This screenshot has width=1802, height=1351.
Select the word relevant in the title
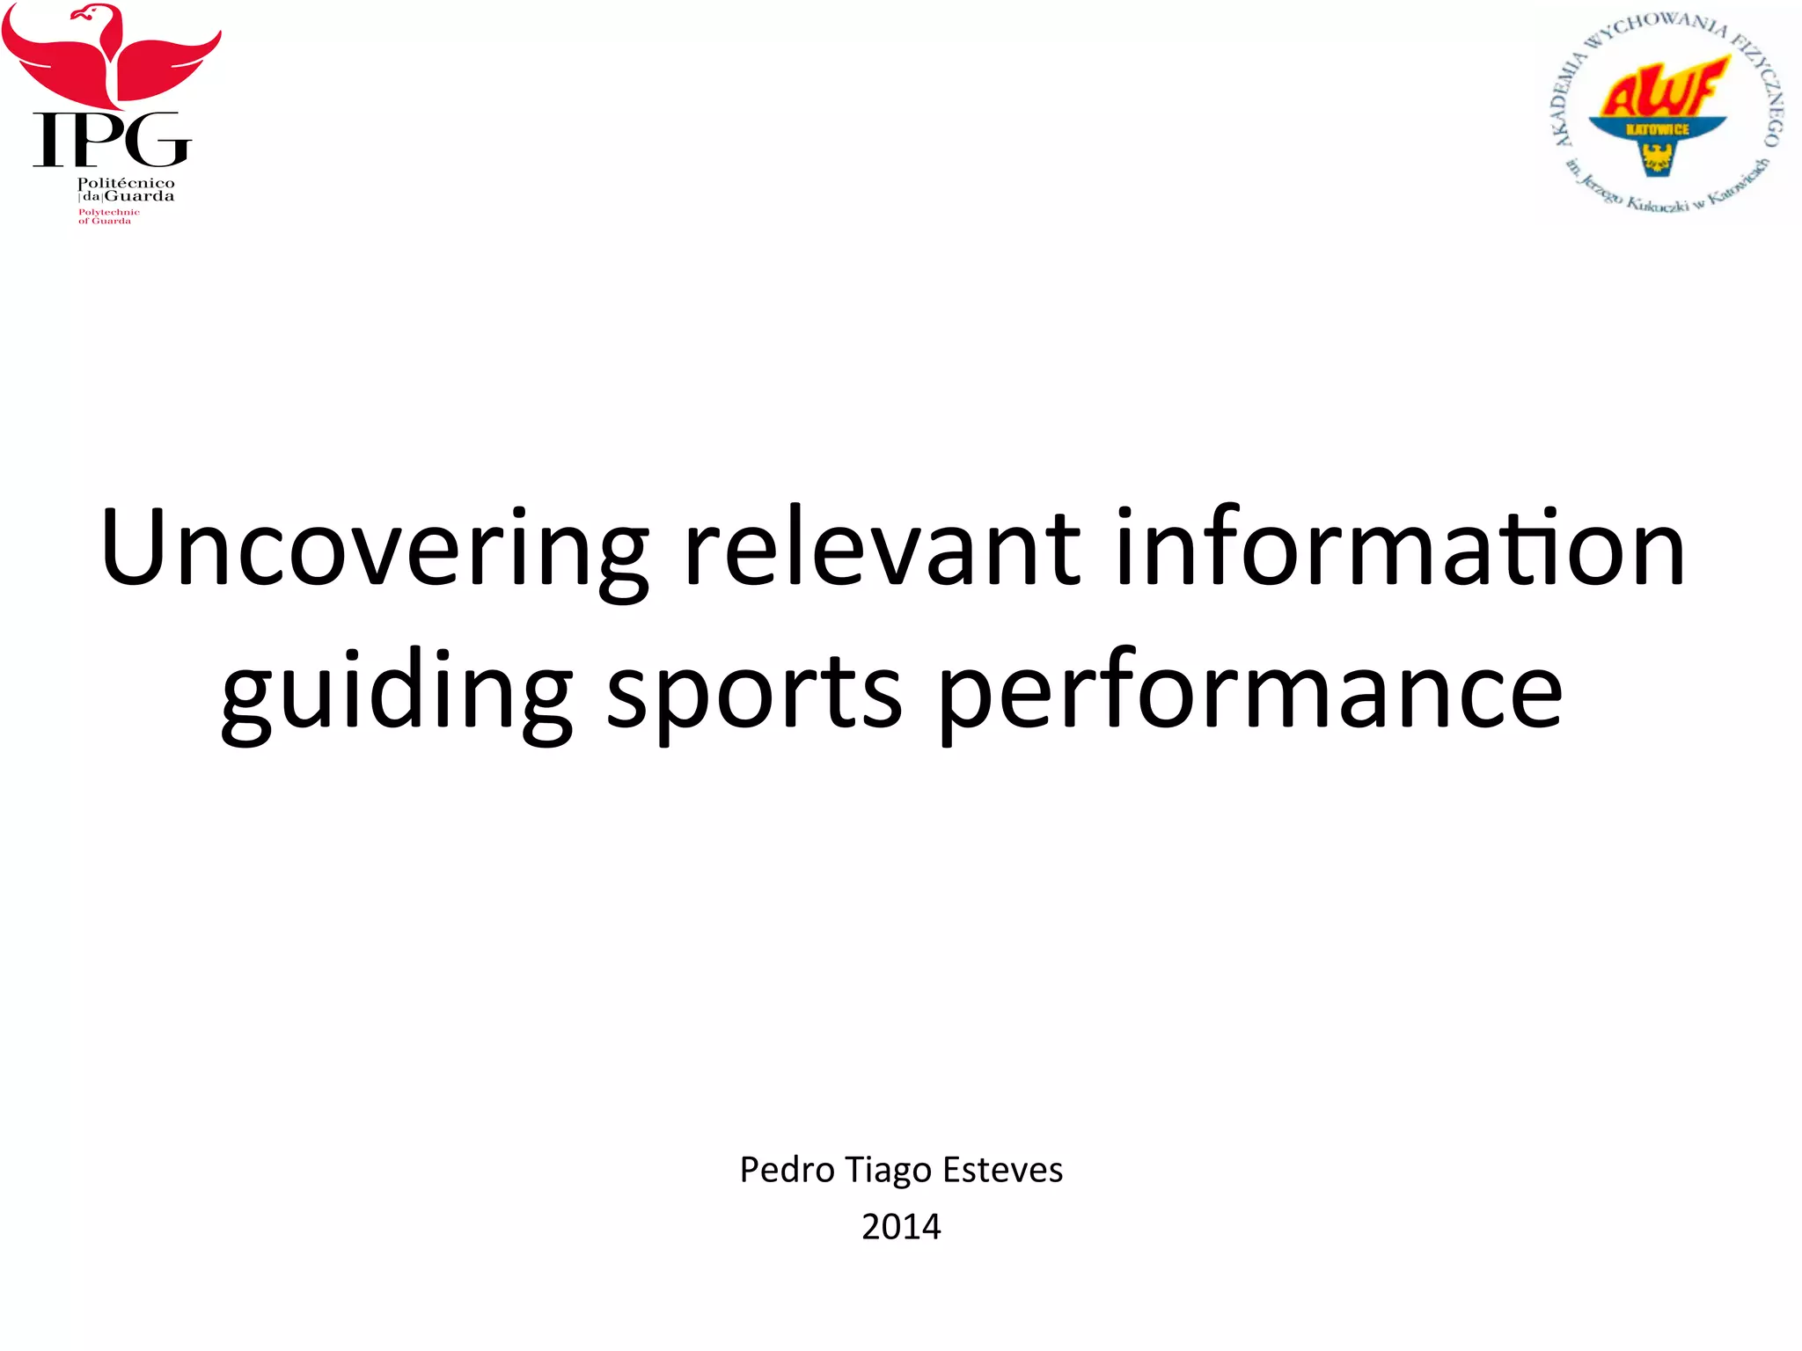pyautogui.click(x=881, y=547)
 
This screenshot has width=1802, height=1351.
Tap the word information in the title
pyautogui.click(x=1400, y=547)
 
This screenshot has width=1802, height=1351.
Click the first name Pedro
pyautogui.click(x=787, y=1170)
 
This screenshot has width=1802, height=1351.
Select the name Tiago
pyautogui.click(x=889, y=1170)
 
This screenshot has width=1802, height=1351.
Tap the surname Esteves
pyautogui.click(x=1002, y=1170)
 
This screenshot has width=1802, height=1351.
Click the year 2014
pyautogui.click(x=901, y=1226)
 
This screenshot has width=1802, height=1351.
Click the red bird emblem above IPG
pyautogui.click(x=111, y=53)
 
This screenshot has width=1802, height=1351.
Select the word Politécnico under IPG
pyautogui.click(x=126, y=183)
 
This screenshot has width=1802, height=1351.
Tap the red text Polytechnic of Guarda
pyautogui.click(x=108, y=216)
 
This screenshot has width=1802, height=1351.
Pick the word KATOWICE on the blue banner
pyautogui.click(x=1658, y=129)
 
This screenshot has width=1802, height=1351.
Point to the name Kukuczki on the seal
pyautogui.click(x=1654, y=203)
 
